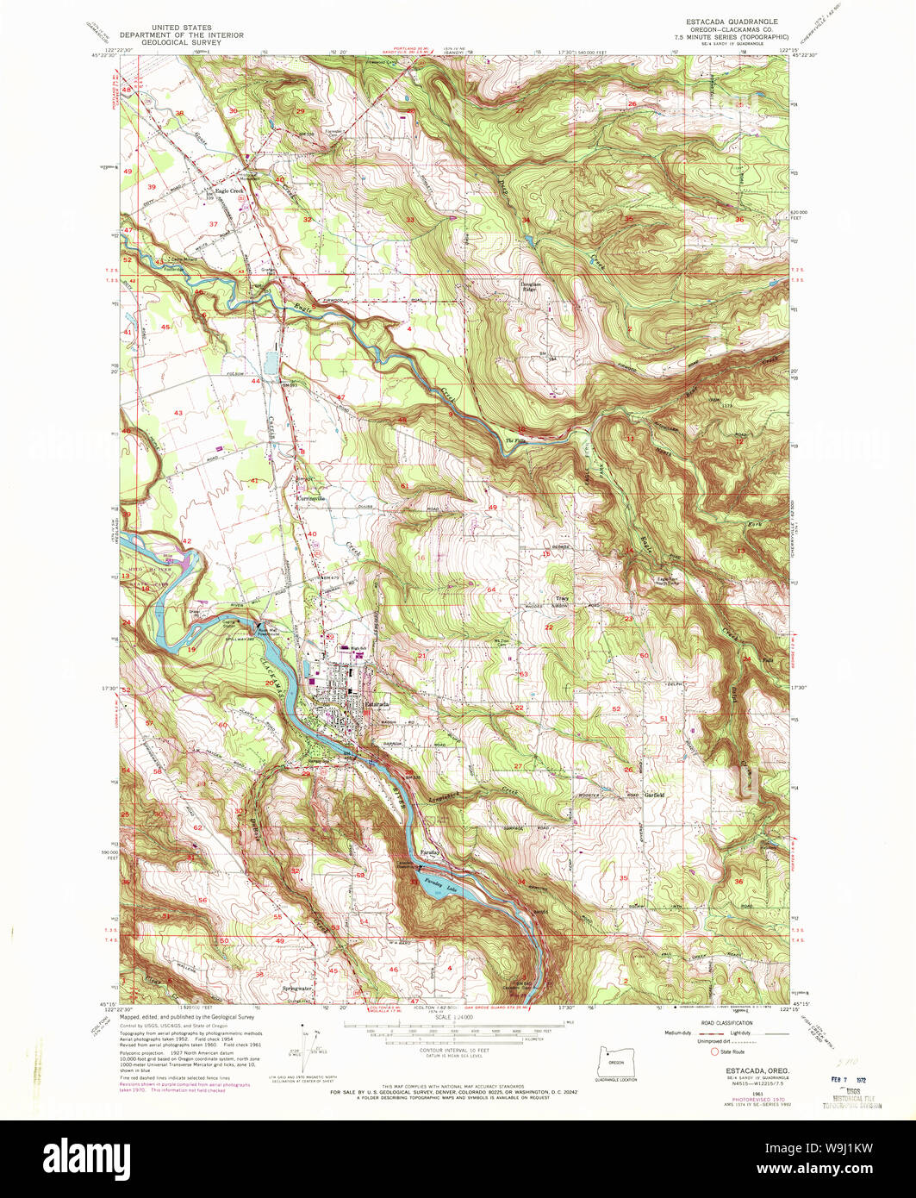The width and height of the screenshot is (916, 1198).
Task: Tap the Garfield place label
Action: (654, 795)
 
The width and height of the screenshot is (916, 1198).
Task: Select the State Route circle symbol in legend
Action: (714, 1051)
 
